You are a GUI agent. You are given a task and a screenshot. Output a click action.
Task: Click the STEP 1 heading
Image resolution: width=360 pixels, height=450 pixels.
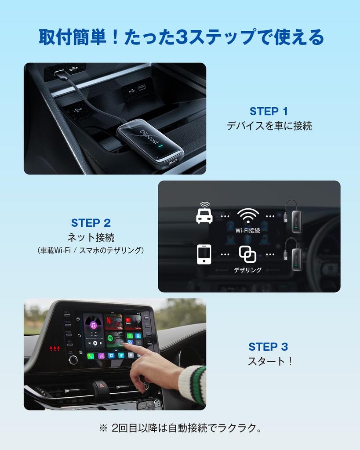269,111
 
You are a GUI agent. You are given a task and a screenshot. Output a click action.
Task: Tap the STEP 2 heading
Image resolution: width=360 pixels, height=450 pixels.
91,223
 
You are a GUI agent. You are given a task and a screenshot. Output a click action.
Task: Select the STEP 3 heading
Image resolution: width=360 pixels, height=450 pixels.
268,347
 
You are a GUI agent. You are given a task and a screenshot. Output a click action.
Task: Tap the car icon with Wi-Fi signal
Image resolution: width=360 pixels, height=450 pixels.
204,213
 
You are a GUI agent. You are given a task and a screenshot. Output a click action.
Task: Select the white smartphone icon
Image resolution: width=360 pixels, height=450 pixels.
204,254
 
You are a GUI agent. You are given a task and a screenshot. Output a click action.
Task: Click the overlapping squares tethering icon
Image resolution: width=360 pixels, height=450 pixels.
247,254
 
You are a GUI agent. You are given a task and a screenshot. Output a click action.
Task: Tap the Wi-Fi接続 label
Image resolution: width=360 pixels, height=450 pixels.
247,230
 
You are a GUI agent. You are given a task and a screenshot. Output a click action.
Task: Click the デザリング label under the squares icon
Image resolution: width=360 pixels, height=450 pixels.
247,270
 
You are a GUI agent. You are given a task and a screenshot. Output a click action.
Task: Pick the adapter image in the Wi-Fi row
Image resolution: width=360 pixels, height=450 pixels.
294,216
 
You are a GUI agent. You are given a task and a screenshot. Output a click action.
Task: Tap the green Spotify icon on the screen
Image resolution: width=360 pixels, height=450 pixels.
110,338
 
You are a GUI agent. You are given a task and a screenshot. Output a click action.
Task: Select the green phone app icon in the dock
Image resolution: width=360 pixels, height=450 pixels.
90,356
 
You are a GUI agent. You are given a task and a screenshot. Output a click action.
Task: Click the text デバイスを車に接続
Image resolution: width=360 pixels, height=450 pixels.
269,126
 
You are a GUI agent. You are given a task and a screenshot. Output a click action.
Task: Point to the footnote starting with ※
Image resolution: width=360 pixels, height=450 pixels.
180,428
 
